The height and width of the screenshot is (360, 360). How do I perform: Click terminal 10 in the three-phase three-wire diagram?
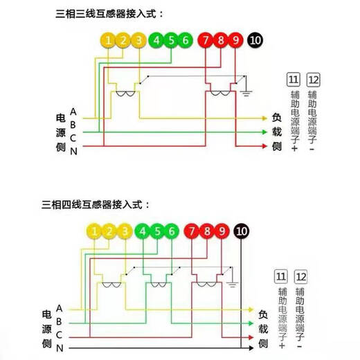point(255,40)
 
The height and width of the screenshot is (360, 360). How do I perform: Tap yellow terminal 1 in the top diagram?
point(109,40)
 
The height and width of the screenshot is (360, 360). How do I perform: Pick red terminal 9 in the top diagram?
point(235,40)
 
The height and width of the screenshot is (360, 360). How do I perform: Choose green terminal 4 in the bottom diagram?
point(143,231)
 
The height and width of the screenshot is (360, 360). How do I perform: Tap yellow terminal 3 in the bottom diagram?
point(124,231)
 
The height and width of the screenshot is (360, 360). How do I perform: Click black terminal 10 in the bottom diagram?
point(242,231)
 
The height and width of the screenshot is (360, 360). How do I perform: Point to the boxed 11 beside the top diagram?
point(292,78)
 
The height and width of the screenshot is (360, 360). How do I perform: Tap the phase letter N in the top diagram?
point(73,152)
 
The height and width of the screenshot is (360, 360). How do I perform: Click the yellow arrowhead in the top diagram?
point(263,118)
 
